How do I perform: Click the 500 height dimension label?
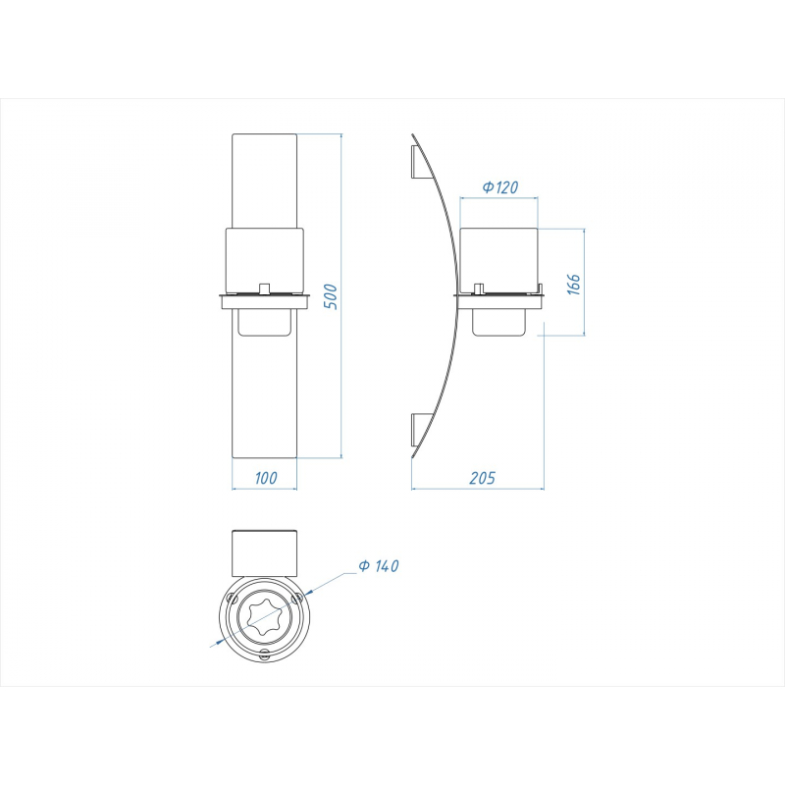(331, 296)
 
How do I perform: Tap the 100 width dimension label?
(265, 478)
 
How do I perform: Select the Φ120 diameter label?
(500, 187)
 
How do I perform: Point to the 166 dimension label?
(574, 284)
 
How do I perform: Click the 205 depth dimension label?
(482, 478)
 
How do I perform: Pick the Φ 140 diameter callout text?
(379, 566)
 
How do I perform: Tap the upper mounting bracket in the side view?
(420, 161)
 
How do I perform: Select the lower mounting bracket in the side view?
(420, 430)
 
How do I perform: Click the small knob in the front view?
(264, 288)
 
